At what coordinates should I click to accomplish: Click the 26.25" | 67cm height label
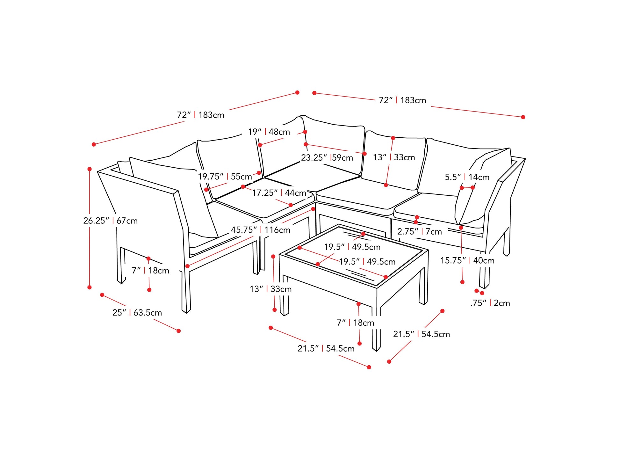(110, 221)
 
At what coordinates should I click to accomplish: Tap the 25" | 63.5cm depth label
(137, 313)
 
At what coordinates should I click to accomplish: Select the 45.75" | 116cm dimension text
(261, 230)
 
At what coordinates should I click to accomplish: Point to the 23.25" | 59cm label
(327, 158)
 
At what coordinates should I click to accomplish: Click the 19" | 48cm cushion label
(269, 132)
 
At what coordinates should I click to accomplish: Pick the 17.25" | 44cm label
(279, 193)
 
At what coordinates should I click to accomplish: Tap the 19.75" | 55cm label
(225, 177)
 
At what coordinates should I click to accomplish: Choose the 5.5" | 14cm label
(467, 177)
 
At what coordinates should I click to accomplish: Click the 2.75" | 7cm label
(419, 232)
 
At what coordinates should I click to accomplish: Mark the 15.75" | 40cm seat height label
(467, 261)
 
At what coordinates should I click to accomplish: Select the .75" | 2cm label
(490, 303)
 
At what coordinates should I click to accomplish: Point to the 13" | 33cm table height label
(270, 289)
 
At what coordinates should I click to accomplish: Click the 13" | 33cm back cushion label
(394, 157)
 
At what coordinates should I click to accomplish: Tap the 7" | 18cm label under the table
(355, 323)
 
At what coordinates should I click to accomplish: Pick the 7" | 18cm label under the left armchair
(150, 271)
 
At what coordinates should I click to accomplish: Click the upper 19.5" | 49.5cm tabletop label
(352, 247)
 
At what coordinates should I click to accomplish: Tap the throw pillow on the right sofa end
(478, 188)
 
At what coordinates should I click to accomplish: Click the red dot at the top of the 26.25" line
(90, 169)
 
